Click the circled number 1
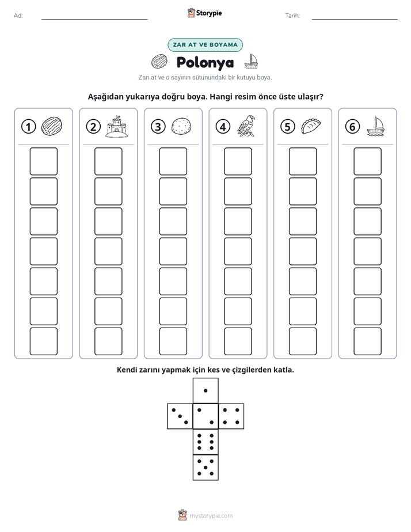[x=28, y=127]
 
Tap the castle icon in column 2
[x=117, y=126]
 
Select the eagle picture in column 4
[x=246, y=126]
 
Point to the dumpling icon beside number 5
[x=311, y=126]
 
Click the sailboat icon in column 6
[x=375, y=127]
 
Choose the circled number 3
[x=158, y=127]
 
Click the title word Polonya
[x=205, y=63]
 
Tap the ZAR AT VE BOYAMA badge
[x=205, y=45]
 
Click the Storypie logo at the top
[x=204, y=13]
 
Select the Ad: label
[x=18, y=16]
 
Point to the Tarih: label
[x=292, y=16]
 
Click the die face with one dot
[x=205, y=391]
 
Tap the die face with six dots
[x=205, y=442]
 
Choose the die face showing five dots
[x=205, y=467]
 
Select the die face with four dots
[x=231, y=416]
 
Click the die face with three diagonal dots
[x=180, y=416]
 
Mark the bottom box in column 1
[x=43, y=341]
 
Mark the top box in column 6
[x=367, y=161]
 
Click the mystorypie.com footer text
[x=211, y=516]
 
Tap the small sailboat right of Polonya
[x=251, y=62]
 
